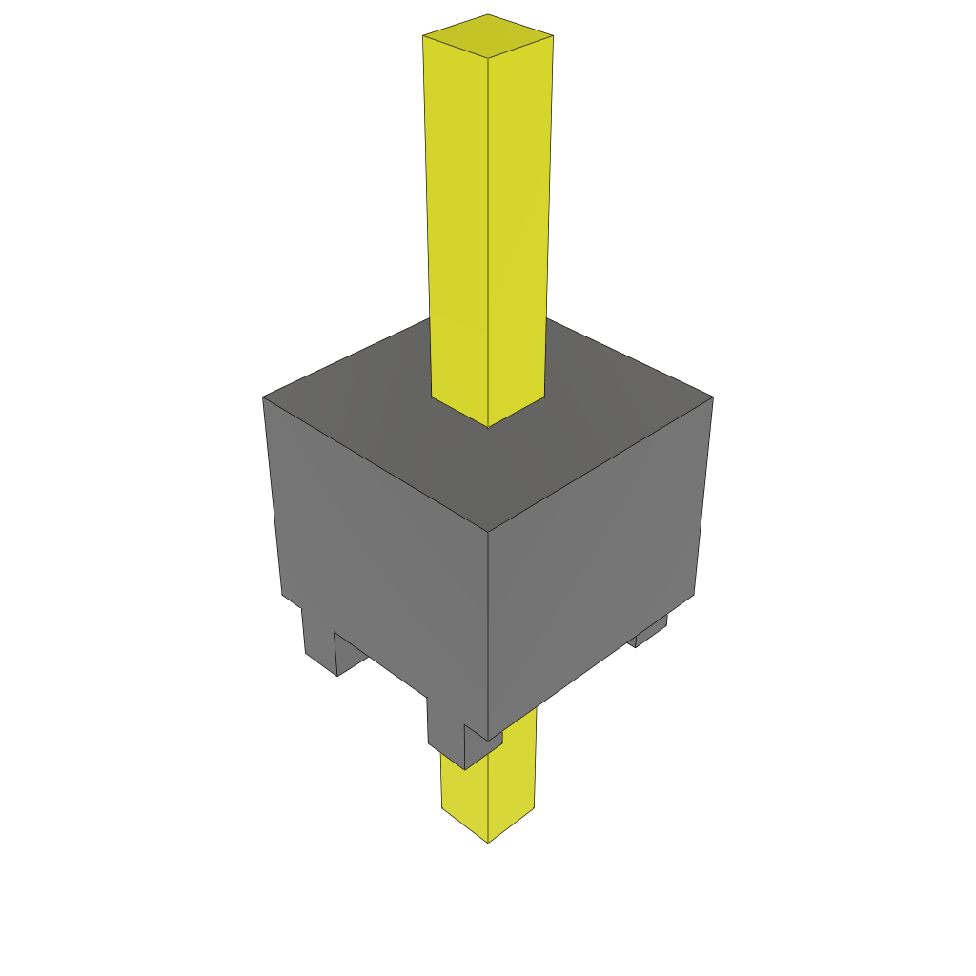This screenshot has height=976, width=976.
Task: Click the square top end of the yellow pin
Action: (488, 36)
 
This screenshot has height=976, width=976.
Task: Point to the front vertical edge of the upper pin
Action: (488, 238)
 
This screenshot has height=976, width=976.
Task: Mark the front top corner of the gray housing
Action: (488, 532)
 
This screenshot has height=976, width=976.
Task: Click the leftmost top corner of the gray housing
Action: (263, 396)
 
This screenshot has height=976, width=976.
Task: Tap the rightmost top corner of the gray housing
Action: (713, 396)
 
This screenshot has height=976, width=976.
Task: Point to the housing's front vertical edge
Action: (488, 629)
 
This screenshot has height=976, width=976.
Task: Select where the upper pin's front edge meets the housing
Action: (488, 427)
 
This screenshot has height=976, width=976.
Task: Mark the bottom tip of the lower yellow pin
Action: (489, 842)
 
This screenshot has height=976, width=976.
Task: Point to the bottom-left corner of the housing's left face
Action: (283, 595)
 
